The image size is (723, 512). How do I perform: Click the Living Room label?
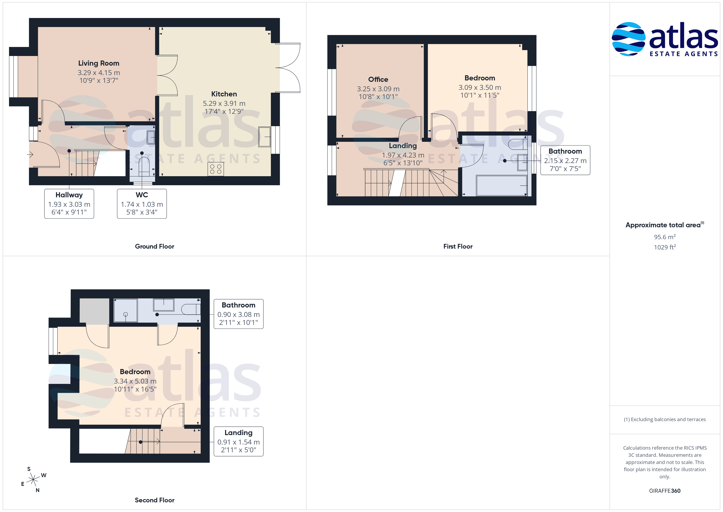coord(99,63)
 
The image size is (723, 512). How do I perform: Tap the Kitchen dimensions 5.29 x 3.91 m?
coord(224,103)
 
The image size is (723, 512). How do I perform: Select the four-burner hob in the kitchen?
coord(216,169)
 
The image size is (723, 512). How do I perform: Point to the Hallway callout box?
coord(69,204)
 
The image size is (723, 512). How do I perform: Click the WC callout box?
coord(142,204)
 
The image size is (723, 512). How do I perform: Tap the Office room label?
coord(378,79)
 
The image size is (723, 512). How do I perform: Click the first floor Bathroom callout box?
coord(565,160)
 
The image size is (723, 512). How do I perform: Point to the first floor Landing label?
coord(403,146)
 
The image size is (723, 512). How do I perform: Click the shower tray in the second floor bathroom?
coord(125,311)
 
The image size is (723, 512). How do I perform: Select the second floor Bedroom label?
coord(135,372)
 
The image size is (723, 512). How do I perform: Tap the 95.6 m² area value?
coord(665,237)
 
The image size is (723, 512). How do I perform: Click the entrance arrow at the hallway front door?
coord(30,154)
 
